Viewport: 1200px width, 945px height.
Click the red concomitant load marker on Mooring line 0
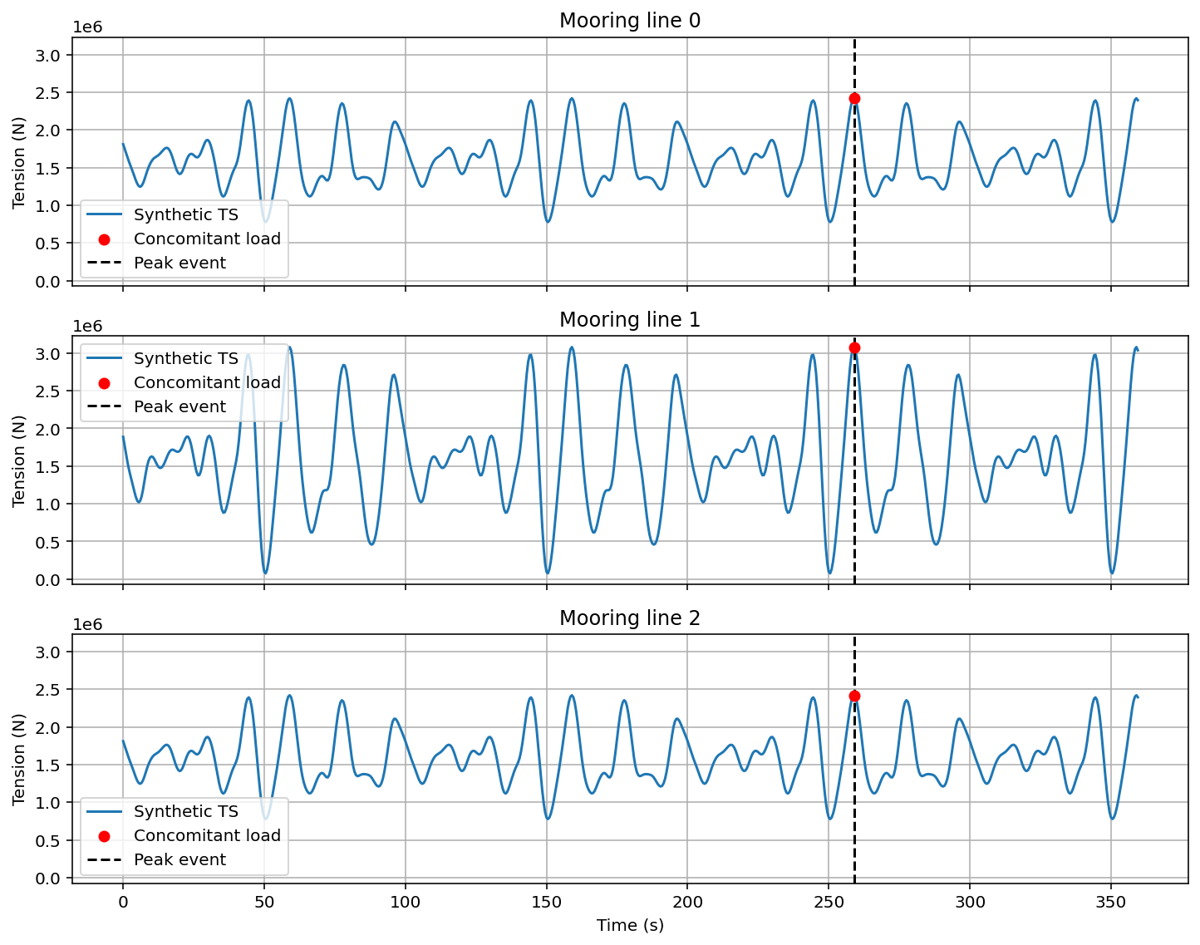(x=854, y=99)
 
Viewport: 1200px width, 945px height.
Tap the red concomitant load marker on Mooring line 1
(x=854, y=347)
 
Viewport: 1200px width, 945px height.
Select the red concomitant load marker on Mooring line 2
(x=854, y=696)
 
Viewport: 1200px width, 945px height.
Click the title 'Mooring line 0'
(x=629, y=21)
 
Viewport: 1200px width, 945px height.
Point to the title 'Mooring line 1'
(x=629, y=320)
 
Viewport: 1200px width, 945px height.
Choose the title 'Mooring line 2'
(x=629, y=618)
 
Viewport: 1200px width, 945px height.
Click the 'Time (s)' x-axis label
(x=629, y=925)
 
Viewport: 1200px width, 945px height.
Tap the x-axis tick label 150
(x=546, y=903)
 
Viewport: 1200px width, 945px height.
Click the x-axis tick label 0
(x=123, y=903)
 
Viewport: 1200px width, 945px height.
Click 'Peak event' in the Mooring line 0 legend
(x=180, y=263)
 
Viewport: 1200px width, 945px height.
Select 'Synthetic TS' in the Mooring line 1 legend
(x=185, y=359)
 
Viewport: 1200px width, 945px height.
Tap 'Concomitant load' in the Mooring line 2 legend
(x=207, y=836)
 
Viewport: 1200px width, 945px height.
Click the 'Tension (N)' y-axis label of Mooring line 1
(x=19, y=460)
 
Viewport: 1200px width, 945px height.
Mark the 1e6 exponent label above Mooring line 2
(x=87, y=625)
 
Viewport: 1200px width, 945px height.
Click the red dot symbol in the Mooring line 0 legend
(x=104, y=239)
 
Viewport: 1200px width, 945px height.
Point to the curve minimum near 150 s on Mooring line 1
(x=547, y=573)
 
